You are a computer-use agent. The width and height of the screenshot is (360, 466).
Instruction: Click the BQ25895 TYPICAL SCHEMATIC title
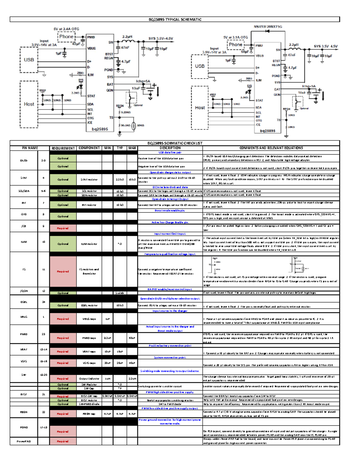pos(175,20)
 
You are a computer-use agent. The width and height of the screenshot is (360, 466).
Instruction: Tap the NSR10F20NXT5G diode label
pos(268,27)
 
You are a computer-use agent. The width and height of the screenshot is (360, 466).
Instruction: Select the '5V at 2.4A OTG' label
pos(66,29)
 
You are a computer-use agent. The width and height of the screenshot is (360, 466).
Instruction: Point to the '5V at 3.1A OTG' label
pos(235,38)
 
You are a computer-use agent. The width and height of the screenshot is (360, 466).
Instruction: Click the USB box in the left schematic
pos(29,60)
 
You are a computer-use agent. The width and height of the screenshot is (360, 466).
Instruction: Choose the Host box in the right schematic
pos(200,108)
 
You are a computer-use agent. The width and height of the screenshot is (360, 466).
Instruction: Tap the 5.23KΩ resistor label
pos(126,112)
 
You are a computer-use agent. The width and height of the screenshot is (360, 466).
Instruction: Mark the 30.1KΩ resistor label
pos(125,125)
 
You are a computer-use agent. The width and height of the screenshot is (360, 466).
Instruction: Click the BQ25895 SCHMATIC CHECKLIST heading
pos(175,143)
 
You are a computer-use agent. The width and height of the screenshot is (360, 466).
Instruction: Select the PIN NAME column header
pos(30,148)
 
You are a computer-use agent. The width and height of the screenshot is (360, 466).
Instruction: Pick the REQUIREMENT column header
pos(63,148)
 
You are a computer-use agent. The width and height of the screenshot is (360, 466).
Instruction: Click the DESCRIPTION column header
pos(170,148)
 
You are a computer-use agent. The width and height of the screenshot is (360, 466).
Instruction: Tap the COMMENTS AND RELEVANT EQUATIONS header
pos(271,148)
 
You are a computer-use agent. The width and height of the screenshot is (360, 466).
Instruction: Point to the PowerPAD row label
pos(24,441)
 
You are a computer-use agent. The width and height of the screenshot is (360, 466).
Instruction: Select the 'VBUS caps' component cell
pos(89,319)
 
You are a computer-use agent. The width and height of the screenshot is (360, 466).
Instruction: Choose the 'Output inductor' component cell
pos(89,379)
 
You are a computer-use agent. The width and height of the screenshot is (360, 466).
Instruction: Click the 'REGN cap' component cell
pos(89,414)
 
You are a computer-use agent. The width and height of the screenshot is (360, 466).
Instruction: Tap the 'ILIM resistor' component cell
pos(89,244)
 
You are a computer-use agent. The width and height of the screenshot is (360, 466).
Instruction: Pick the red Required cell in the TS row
pos(63,272)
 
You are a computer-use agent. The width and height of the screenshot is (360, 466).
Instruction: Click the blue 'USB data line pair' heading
pos(170,152)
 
